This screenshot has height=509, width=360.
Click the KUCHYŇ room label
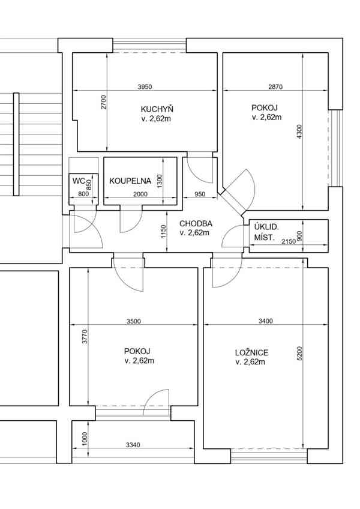pyautogui.click(x=157, y=109)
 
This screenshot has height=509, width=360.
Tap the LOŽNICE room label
pyautogui.click(x=251, y=352)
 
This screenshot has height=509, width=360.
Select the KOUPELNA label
pyautogui.click(x=130, y=181)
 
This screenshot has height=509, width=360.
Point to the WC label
pyautogui.click(x=79, y=181)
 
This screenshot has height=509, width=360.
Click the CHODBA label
pyautogui.click(x=196, y=224)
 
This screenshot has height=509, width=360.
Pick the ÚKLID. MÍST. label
pyautogui.click(x=266, y=232)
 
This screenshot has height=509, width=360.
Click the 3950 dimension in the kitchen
pyautogui.click(x=145, y=86)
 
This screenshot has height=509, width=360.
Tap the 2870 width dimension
pyautogui.click(x=275, y=86)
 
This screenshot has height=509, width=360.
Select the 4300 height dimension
pyautogui.click(x=299, y=132)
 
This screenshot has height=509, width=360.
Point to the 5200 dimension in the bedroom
pyautogui.click(x=299, y=353)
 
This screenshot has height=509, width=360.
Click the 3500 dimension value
pyautogui.click(x=133, y=321)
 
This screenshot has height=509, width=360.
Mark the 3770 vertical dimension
pyautogui.click(x=85, y=337)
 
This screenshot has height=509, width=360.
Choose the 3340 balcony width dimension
pyautogui.click(x=133, y=445)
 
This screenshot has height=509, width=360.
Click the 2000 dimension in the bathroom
pyautogui.click(x=140, y=194)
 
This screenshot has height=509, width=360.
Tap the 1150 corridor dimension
pyautogui.click(x=163, y=232)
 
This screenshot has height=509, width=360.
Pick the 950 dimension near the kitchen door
pyautogui.click(x=200, y=194)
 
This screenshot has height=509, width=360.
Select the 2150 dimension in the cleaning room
pyautogui.click(x=289, y=241)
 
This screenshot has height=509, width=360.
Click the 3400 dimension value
pyautogui.click(x=266, y=321)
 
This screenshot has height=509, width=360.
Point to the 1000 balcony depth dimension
pyautogui.click(x=85, y=439)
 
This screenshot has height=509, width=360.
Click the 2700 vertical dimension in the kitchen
pyautogui.click(x=104, y=102)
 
